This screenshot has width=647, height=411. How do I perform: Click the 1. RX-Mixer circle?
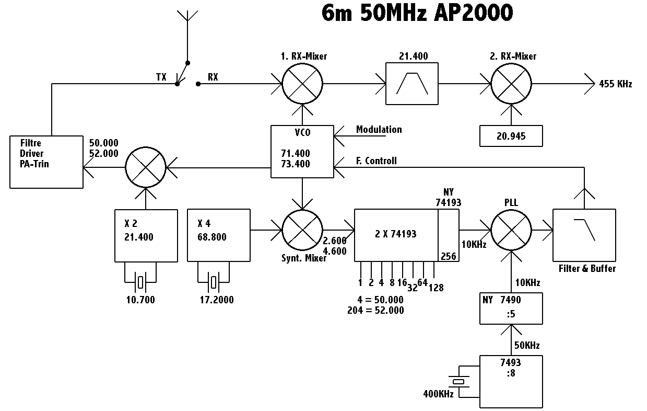[x=302, y=83]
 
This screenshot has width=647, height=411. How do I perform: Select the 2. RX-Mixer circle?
[x=511, y=83]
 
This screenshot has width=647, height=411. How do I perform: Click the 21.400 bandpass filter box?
[x=412, y=83]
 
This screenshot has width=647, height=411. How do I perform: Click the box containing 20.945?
[x=511, y=136]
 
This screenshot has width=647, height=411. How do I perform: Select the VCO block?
[x=302, y=152]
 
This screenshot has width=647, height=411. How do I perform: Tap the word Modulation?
[x=379, y=129]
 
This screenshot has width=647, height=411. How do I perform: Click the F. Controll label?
[x=377, y=161]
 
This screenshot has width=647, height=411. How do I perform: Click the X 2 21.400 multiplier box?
[x=146, y=235]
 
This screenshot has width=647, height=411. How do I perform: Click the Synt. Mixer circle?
[x=302, y=230]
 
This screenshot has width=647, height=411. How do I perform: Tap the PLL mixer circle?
[x=511, y=230]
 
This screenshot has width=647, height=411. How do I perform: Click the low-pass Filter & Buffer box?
[x=584, y=235]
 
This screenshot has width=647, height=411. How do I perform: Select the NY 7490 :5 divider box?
[x=511, y=309]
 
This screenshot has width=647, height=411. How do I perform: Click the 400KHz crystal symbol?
[x=458, y=382]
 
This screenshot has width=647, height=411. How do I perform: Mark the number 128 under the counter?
[x=435, y=287]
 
